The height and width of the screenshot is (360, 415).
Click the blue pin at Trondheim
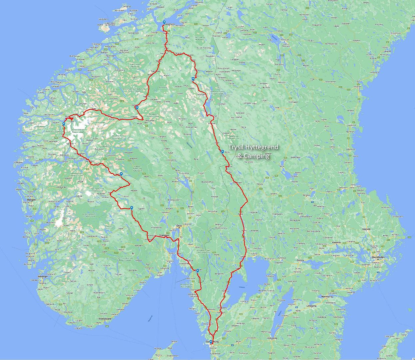coord(164,22)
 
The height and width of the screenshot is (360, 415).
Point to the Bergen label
coord(31,200)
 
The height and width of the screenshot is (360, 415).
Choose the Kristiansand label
coord(105,318)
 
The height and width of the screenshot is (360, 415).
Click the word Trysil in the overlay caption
coord(236,147)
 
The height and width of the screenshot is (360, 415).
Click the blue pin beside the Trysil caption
coord(222,152)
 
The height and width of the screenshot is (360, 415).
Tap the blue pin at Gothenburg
coord(210,341)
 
